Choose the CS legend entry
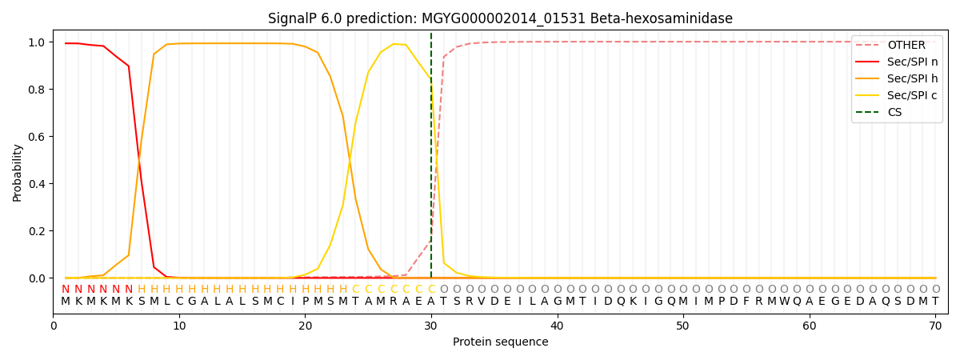coord(894,113)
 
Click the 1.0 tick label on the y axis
coord(38,42)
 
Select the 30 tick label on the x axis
coord(431,326)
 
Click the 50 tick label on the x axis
coord(682,326)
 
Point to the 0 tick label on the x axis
coord(54,326)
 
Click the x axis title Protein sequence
coord(500,342)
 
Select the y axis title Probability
coord(18,172)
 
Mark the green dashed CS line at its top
coord(431,35)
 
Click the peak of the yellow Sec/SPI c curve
coord(394,44)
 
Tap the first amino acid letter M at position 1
coord(66,302)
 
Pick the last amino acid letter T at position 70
coord(935,302)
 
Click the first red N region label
coord(66,290)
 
